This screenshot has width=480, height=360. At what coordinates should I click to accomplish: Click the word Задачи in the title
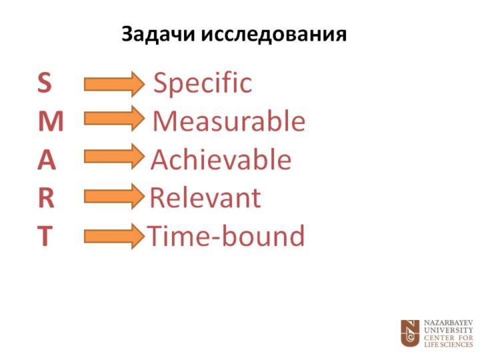coord(158,34)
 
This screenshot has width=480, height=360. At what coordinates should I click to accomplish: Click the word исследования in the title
coord(274,34)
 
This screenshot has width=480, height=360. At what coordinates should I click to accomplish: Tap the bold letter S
coord(45,83)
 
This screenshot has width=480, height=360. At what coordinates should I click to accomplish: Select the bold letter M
coord(51,121)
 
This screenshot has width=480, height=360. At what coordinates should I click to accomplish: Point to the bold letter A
coord(47,159)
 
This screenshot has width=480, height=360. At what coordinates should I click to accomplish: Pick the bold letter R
coord(46,198)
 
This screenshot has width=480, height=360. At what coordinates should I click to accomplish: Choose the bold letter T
coord(45,236)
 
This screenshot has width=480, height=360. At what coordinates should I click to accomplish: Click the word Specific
coord(203,83)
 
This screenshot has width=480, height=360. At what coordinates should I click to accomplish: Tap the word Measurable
coord(229,121)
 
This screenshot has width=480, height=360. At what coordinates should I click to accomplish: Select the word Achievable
coord(221,159)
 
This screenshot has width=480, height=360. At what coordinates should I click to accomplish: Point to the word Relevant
coord(205,198)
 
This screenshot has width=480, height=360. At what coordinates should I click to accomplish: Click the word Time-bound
coord(225,236)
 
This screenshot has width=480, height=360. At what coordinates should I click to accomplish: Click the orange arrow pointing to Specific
coord(114,84)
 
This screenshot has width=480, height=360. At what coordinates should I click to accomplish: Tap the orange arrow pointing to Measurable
coord(114,119)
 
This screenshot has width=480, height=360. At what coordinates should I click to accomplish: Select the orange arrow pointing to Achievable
coord(114,157)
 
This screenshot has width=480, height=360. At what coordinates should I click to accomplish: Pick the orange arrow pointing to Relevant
coord(114,196)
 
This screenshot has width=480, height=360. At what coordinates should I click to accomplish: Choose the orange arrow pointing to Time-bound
coord(114,236)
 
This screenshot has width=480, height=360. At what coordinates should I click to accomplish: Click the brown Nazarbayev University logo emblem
coord(410,333)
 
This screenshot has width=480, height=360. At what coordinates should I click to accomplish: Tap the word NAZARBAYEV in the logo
coord(449,323)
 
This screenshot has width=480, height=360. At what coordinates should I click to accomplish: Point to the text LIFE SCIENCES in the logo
coord(449,345)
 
